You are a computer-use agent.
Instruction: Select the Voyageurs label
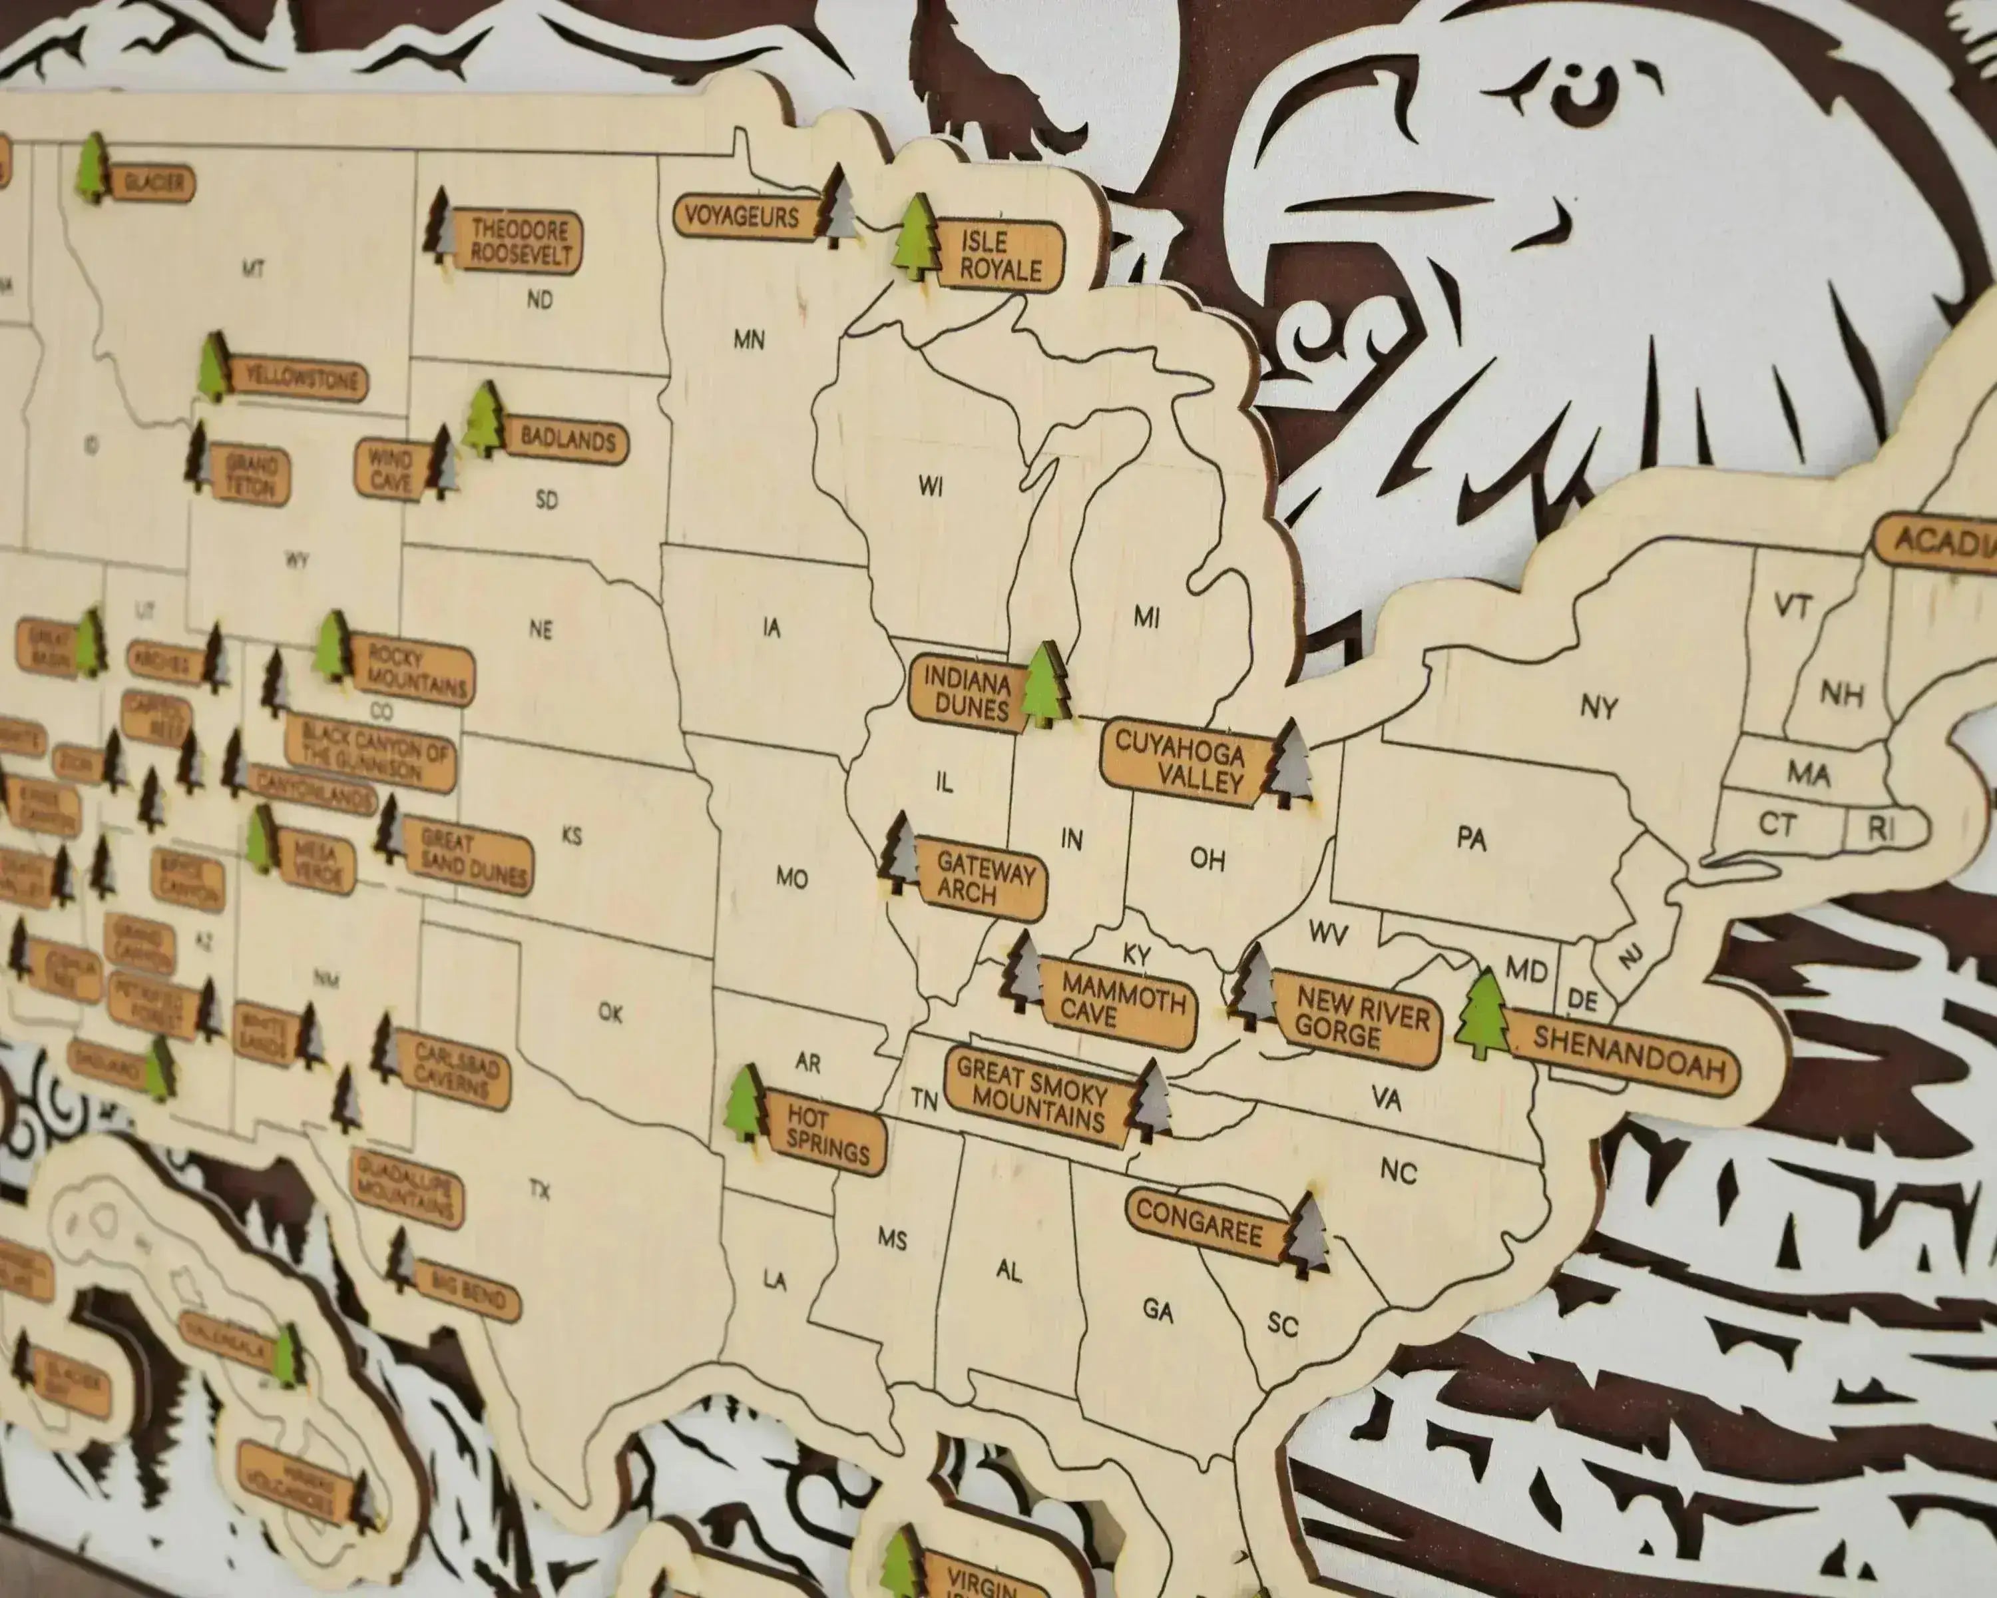(x=743, y=218)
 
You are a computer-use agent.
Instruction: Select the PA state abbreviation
(x=1471, y=838)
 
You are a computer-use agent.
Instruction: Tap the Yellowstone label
(x=298, y=380)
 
